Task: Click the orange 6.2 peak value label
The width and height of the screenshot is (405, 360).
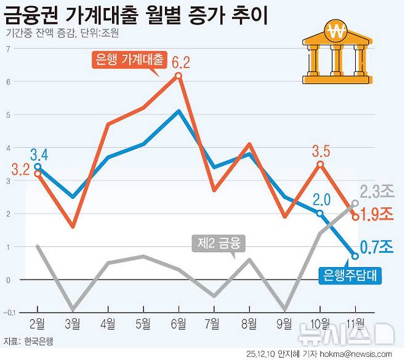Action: click(x=180, y=62)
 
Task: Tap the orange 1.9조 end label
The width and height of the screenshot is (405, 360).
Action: click(x=377, y=215)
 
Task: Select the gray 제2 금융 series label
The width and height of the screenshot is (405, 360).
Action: click(x=218, y=244)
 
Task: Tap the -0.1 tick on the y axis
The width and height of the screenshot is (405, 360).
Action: click(x=9, y=313)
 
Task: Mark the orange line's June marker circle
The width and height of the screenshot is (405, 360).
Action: click(x=178, y=76)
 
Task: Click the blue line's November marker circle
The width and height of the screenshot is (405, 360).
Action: click(x=355, y=256)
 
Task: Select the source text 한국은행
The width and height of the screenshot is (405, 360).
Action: click(x=39, y=341)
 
